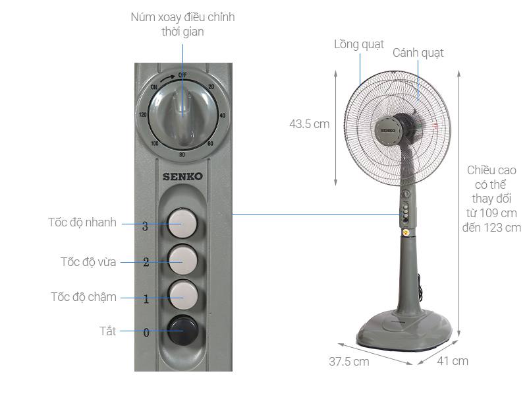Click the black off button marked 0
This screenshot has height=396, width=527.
pyautogui.click(x=182, y=329)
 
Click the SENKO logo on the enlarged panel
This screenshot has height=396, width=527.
pyautogui.click(x=182, y=176)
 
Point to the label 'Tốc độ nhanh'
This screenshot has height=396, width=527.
pyautogui.click(x=82, y=222)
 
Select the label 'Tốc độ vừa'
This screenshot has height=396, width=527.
pyautogui.click(x=88, y=262)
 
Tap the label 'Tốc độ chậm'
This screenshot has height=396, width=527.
pyautogui.click(x=84, y=297)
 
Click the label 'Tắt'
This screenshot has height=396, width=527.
pyautogui.click(x=107, y=331)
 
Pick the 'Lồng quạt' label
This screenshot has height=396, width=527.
pyautogui.click(x=358, y=44)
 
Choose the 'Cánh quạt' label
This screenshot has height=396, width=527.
pyautogui.click(x=418, y=53)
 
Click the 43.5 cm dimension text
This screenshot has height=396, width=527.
pyautogui.click(x=309, y=123)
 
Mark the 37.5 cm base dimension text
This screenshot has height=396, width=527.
pyautogui.click(x=348, y=362)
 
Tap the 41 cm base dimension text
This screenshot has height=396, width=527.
pyautogui.click(x=452, y=361)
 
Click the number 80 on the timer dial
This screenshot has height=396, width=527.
pyautogui.click(x=182, y=155)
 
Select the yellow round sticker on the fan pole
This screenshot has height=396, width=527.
pyautogui.click(x=406, y=232)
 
